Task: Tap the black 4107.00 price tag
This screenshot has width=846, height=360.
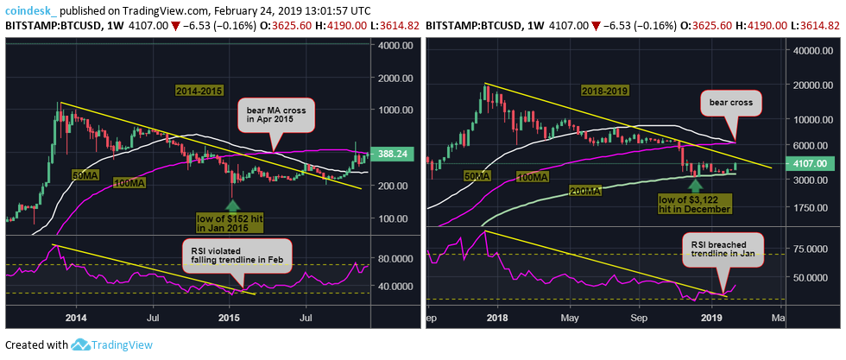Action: (816, 162)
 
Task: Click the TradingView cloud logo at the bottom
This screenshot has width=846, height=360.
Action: (81, 344)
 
